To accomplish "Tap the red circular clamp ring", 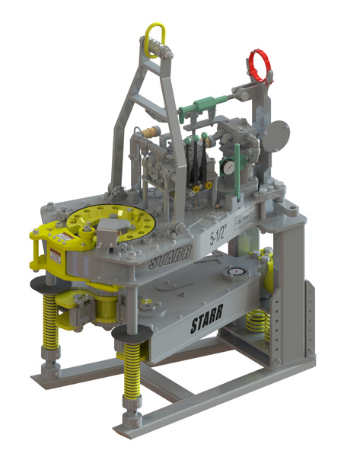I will click(x=260, y=66).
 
